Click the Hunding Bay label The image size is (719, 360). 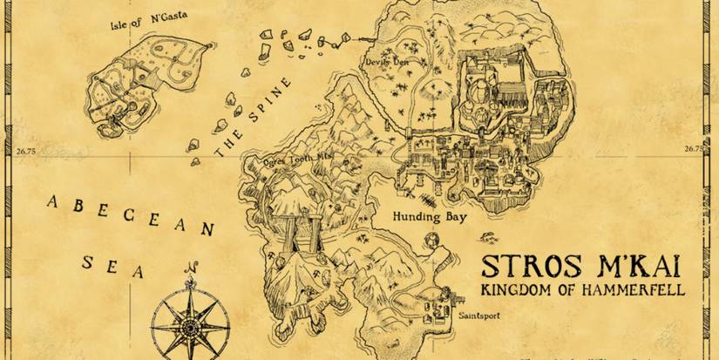430,216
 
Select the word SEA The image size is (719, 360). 112,266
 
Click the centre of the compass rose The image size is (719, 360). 190,323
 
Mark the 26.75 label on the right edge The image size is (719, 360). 695,149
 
